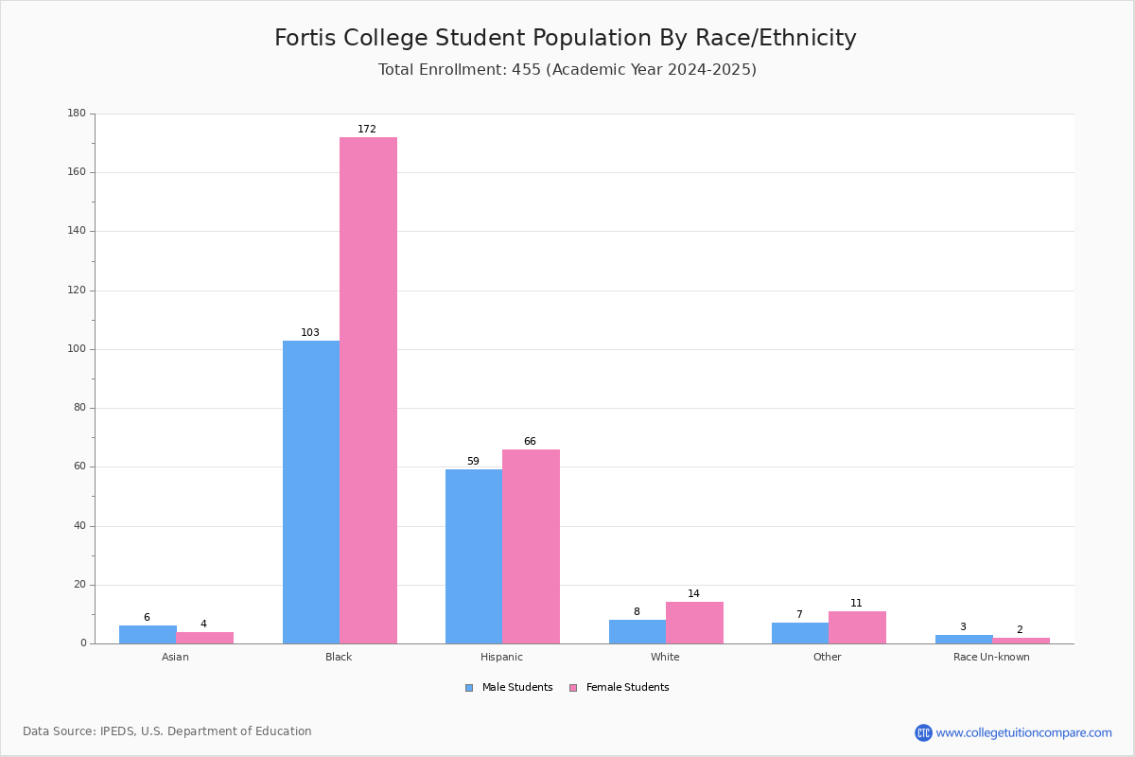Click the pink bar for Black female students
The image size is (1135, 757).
368,391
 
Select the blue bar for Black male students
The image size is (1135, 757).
311,492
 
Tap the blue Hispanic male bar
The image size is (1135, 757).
474,556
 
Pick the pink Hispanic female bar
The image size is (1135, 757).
531,547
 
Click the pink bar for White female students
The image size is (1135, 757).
694,624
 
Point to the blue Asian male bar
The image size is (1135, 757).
148,635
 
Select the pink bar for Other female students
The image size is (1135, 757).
857,627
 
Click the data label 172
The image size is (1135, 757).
367,129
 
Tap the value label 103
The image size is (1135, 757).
310,332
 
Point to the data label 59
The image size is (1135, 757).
473,461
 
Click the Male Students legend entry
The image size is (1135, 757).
509,688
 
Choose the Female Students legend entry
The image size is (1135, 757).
620,688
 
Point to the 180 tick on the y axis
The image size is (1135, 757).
77,113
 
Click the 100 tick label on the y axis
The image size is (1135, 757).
77,349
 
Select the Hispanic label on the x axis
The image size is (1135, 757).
501,657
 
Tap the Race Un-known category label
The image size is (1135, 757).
991,657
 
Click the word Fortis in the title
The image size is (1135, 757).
305,38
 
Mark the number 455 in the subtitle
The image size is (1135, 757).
526,69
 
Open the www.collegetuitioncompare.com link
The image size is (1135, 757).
1023,732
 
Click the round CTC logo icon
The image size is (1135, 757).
923,732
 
